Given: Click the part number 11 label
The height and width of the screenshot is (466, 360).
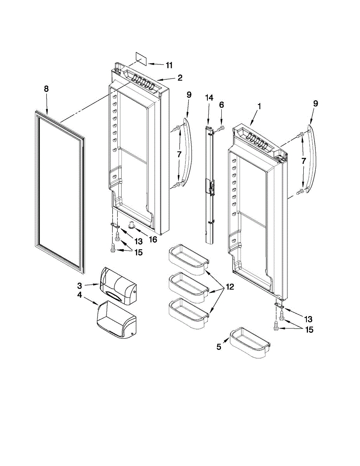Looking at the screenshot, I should (169, 65).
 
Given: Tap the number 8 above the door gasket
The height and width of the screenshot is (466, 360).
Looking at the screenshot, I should (46, 89).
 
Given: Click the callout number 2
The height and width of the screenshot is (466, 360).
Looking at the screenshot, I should (180, 78).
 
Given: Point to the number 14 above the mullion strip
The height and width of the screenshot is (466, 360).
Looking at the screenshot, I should (209, 98).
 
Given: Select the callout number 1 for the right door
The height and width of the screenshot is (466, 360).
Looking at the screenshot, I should (259, 106).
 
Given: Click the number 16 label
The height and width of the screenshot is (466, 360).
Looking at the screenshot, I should (153, 240).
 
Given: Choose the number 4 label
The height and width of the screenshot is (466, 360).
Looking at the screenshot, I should (79, 295).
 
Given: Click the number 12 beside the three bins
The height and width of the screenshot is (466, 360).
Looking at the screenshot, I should (230, 287).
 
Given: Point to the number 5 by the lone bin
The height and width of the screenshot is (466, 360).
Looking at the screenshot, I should (219, 347).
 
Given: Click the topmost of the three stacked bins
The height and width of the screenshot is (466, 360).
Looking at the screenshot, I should (188, 259).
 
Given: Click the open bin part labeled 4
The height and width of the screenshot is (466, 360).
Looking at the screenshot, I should (116, 320).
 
